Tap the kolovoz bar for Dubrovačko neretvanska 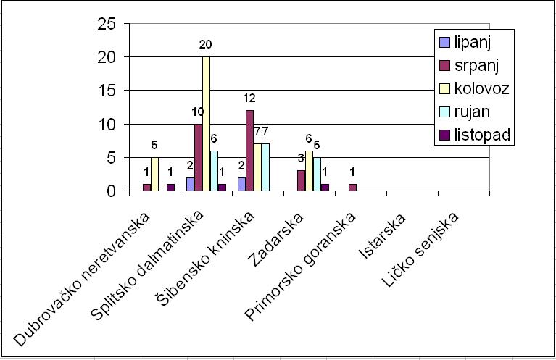pos(154,175)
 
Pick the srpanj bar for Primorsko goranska pos(352,188)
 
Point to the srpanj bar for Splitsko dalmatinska pos(198,158)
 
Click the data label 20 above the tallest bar pos(206,44)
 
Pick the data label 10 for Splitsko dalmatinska pos(196,112)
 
